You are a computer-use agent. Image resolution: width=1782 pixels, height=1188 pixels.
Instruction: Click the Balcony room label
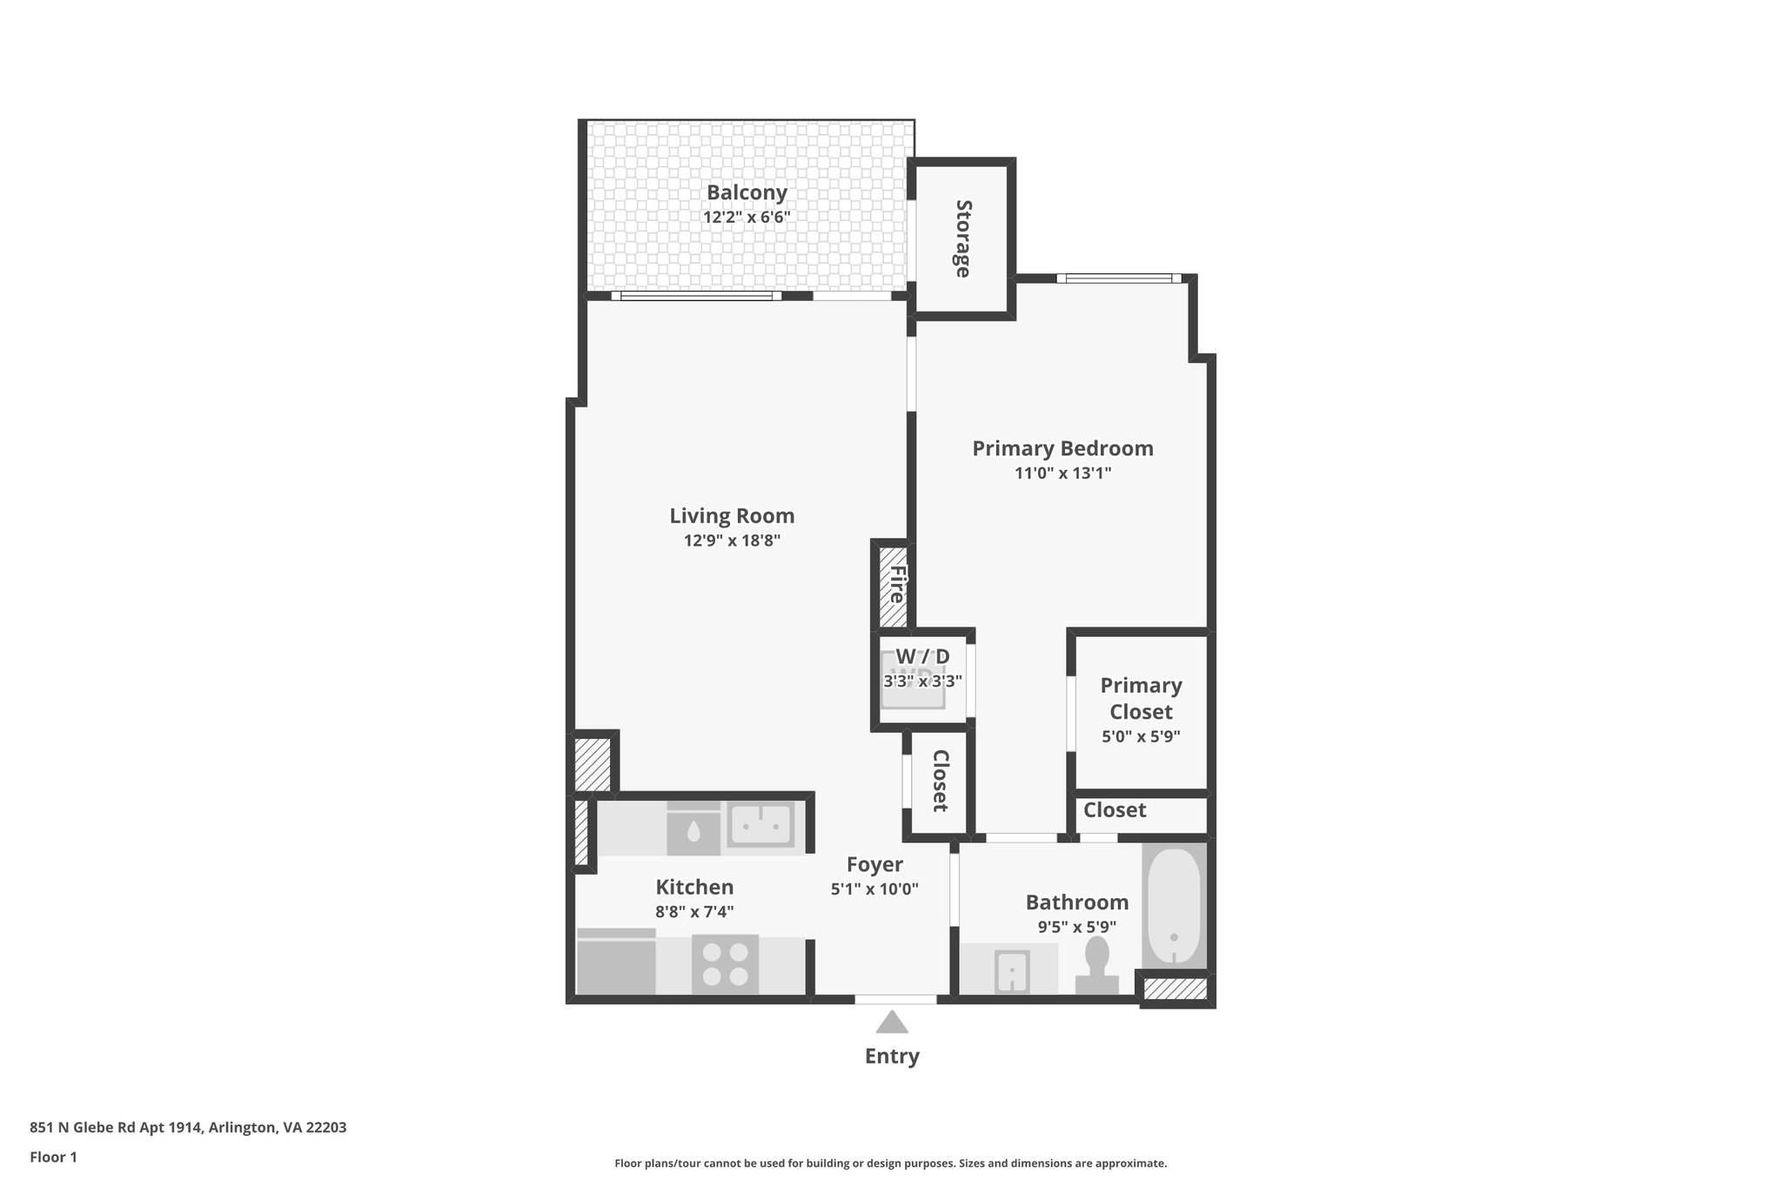coord(747,192)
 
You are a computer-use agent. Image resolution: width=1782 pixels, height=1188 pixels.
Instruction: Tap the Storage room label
coord(963,238)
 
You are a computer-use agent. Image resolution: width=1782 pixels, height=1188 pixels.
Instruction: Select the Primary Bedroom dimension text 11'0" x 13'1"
coord(1062,473)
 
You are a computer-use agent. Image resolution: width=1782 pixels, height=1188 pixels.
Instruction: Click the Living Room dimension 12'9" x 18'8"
coord(732,540)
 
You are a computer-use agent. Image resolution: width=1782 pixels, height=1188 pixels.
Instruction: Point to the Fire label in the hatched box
coord(895,585)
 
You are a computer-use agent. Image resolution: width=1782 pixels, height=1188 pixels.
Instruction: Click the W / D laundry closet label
coord(922,656)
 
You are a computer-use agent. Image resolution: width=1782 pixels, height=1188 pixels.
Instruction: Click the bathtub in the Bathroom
coord(1174,907)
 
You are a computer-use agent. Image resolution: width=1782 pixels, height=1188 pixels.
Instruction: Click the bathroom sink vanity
coord(1012,970)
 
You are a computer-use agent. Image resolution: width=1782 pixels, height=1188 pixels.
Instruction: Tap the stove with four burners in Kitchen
coord(725,964)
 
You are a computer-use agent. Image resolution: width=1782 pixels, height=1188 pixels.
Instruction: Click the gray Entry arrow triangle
coord(891,1023)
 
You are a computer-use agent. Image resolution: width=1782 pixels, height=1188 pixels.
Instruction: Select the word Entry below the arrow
coord(891,1057)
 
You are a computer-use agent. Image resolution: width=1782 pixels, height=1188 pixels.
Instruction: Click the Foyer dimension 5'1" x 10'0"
coord(874,889)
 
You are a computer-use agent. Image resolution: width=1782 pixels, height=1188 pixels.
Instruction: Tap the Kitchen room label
coord(694,887)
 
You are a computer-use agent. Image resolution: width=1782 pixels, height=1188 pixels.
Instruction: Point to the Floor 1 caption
coord(53,1158)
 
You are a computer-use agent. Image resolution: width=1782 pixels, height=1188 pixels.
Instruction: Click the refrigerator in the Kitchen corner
coord(616,964)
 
